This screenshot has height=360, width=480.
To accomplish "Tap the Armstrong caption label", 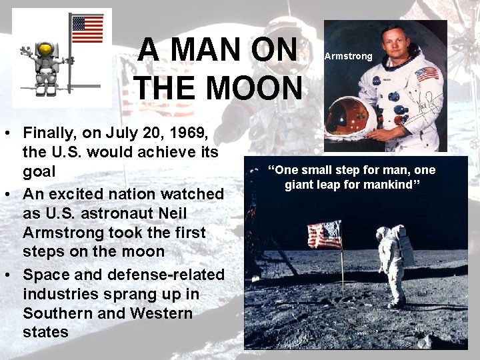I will (x=348, y=56).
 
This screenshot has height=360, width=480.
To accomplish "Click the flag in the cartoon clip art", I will (x=87, y=30).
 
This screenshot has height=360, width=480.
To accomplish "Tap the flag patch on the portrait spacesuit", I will (x=427, y=73).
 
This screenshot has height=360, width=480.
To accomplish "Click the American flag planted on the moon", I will (x=325, y=235).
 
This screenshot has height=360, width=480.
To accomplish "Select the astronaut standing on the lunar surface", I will (x=394, y=263).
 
